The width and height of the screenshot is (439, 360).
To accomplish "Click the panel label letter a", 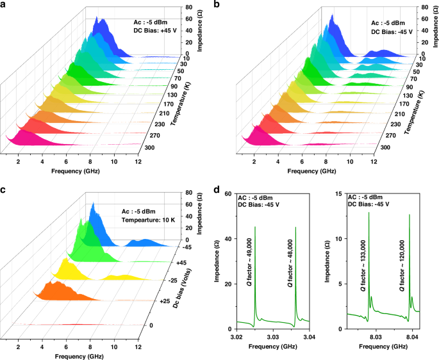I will [4, 5].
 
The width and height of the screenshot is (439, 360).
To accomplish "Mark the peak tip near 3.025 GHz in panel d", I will [255, 226].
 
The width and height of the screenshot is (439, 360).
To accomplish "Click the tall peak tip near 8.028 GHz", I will [369, 212].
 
